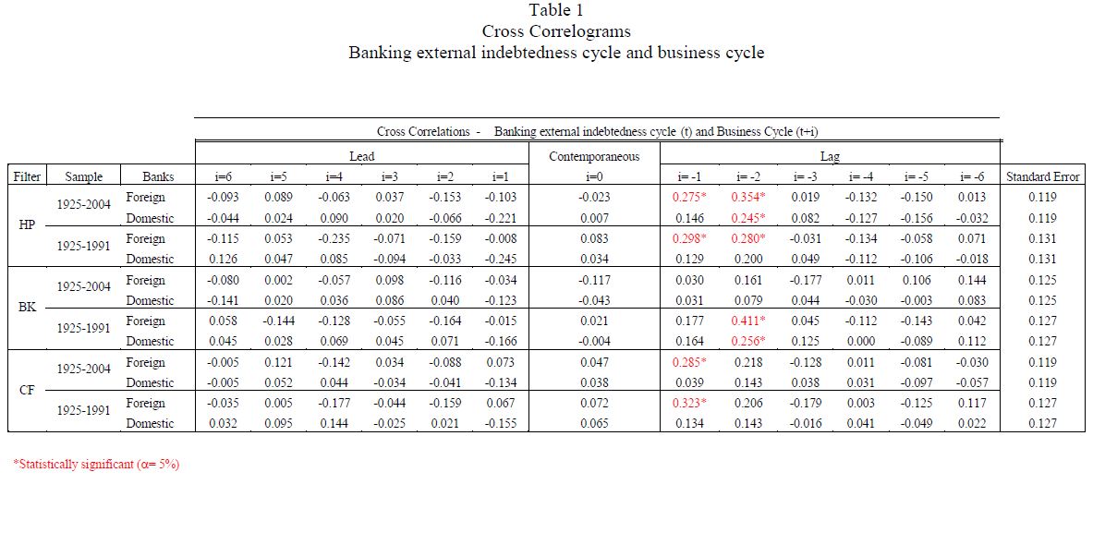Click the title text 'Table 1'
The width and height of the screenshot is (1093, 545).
pos(555,10)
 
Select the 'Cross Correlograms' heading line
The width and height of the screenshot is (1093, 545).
pos(555,31)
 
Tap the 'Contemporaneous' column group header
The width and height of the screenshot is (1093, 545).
pos(593,156)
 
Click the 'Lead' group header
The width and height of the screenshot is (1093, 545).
pos(361,156)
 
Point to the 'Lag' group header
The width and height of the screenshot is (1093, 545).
pos(830,156)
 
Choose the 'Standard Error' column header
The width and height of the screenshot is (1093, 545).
pos(1042,176)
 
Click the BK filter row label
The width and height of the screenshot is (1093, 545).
pos(28,307)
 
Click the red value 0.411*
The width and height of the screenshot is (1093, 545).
pos(750,321)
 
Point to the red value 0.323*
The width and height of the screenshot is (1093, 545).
pos(689,404)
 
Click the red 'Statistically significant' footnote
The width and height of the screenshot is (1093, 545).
pos(96,465)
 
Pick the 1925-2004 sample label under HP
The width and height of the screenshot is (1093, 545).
pos(84,204)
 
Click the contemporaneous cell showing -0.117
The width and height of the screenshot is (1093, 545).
pos(593,280)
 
